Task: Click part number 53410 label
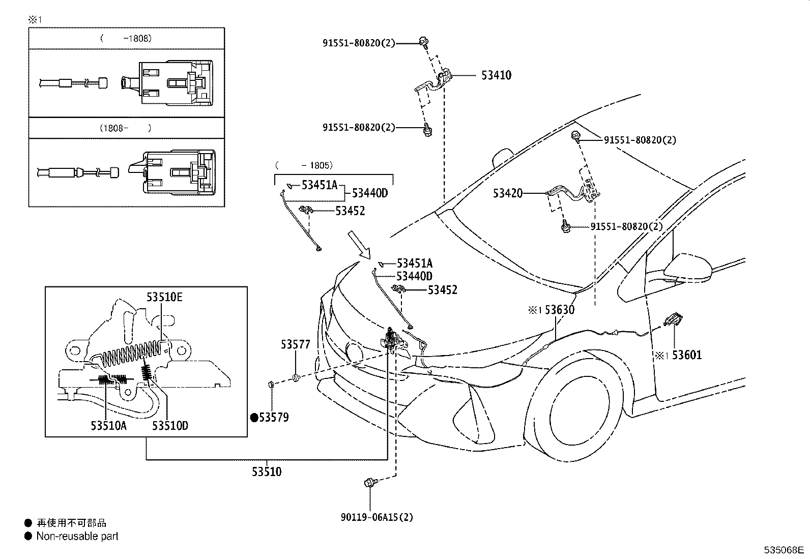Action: (x=496, y=75)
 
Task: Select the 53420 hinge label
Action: (x=507, y=194)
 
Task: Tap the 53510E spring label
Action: (x=164, y=297)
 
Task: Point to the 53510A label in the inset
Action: (x=109, y=426)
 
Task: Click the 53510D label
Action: (x=170, y=426)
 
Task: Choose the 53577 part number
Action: (x=295, y=344)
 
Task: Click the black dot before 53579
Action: (x=254, y=418)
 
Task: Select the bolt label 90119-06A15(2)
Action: (x=377, y=517)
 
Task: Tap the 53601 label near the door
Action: (x=686, y=355)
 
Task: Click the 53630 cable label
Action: (x=559, y=310)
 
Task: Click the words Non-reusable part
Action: (x=77, y=536)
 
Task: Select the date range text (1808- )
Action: (x=125, y=128)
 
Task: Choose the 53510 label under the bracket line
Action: (x=266, y=472)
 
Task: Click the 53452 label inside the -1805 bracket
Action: (x=350, y=211)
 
